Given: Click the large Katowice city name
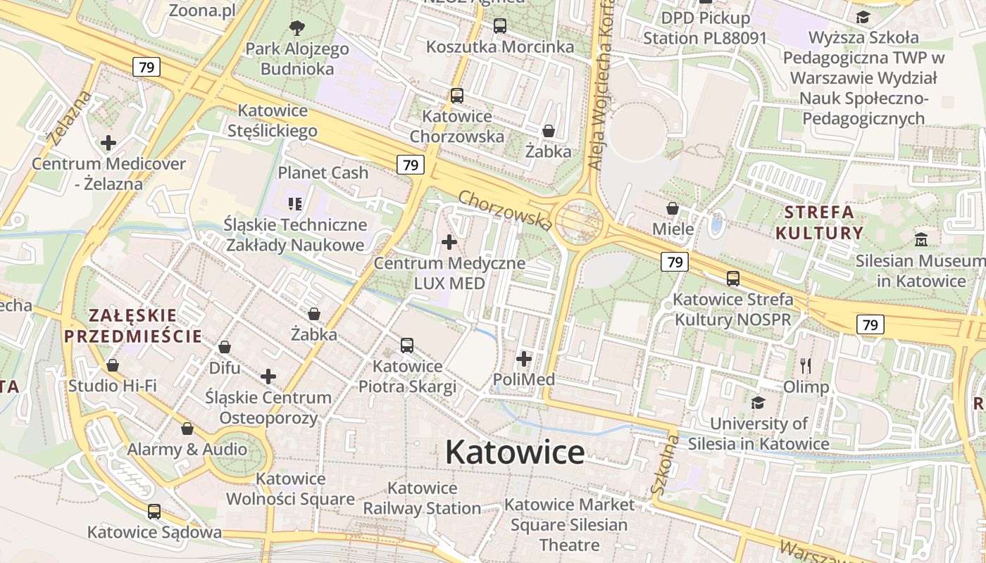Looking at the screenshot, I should (x=515, y=453).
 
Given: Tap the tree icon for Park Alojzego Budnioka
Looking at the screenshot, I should (x=297, y=28).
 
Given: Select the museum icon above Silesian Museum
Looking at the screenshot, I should (x=921, y=240).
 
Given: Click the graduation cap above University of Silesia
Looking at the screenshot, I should (x=758, y=403).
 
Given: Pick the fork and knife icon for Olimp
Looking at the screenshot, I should (x=806, y=365).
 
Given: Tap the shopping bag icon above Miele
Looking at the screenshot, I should (x=673, y=208).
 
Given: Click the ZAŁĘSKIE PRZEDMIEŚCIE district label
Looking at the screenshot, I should (x=133, y=325).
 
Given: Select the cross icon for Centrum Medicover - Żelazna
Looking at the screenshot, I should (x=108, y=143).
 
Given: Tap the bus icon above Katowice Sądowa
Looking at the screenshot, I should (x=154, y=512).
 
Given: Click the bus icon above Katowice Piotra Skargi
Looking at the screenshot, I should (x=407, y=346).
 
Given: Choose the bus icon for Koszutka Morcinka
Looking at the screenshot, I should (x=500, y=26).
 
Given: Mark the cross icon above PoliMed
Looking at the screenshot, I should (x=524, y=359).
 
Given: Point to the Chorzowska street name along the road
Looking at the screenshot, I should (x=505, y=210).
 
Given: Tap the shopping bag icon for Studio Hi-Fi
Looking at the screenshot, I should (x=113, y=365).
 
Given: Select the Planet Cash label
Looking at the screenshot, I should (x=323, y=172).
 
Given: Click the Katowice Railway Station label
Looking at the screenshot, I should (x=422, y=498).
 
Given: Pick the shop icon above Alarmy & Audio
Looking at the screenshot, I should (x=187, y=429).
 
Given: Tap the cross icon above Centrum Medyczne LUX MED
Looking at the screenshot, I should (x=449, y=243).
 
